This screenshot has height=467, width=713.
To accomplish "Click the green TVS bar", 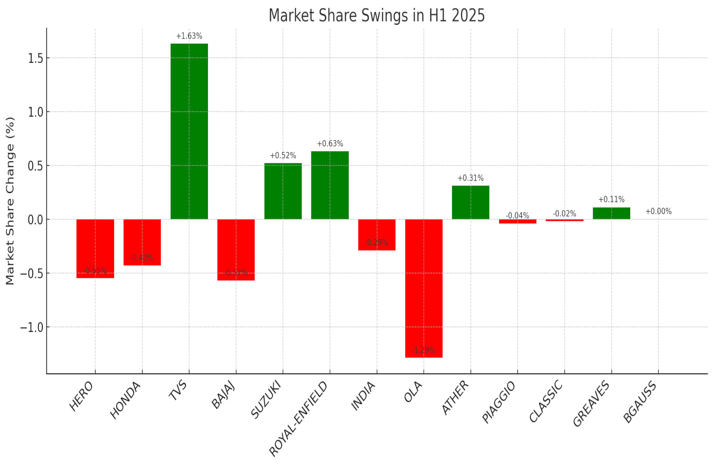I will coord(189,131).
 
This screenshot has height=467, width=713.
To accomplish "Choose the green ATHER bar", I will coord(470,202).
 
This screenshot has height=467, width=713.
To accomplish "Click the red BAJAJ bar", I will coord(236,250).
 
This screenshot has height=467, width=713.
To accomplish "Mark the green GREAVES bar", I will coord(611,213).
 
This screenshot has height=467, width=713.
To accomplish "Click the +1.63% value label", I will coord(189,36).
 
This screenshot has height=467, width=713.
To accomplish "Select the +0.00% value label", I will coord(658,211).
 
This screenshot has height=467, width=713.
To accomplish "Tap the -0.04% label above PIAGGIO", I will coord(517,215).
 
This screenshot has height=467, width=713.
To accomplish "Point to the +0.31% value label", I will coord(470,178).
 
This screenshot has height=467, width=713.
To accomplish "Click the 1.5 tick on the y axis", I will coord(35,58).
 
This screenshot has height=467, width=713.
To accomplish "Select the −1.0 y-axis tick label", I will coord(32,327).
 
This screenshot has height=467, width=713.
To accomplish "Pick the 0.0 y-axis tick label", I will coord(35,220).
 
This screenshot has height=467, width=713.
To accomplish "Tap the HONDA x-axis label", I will coord(126,400).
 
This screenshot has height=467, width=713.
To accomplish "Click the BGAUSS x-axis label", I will coord(640,402).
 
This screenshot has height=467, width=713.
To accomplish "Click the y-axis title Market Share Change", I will coord(10,201).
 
